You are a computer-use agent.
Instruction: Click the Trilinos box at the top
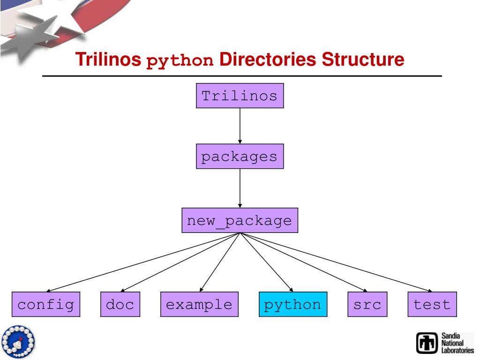pos(240,96)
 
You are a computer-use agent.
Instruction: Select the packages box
pos(240,156)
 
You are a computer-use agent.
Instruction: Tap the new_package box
pos(240,220)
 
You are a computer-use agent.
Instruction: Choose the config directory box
pos(46,304)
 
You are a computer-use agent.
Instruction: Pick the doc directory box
pos(120,304)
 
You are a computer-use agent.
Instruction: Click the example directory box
pos(199,304)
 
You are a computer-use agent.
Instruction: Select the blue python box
pos(293,304)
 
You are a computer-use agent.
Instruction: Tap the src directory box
pos(367,304)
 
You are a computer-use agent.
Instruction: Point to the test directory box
pos(432,304)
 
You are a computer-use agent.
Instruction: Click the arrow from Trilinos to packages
pos(240,126)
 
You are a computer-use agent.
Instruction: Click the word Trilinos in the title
pos(109,60)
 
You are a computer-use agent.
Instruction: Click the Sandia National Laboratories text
pos(457,343)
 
